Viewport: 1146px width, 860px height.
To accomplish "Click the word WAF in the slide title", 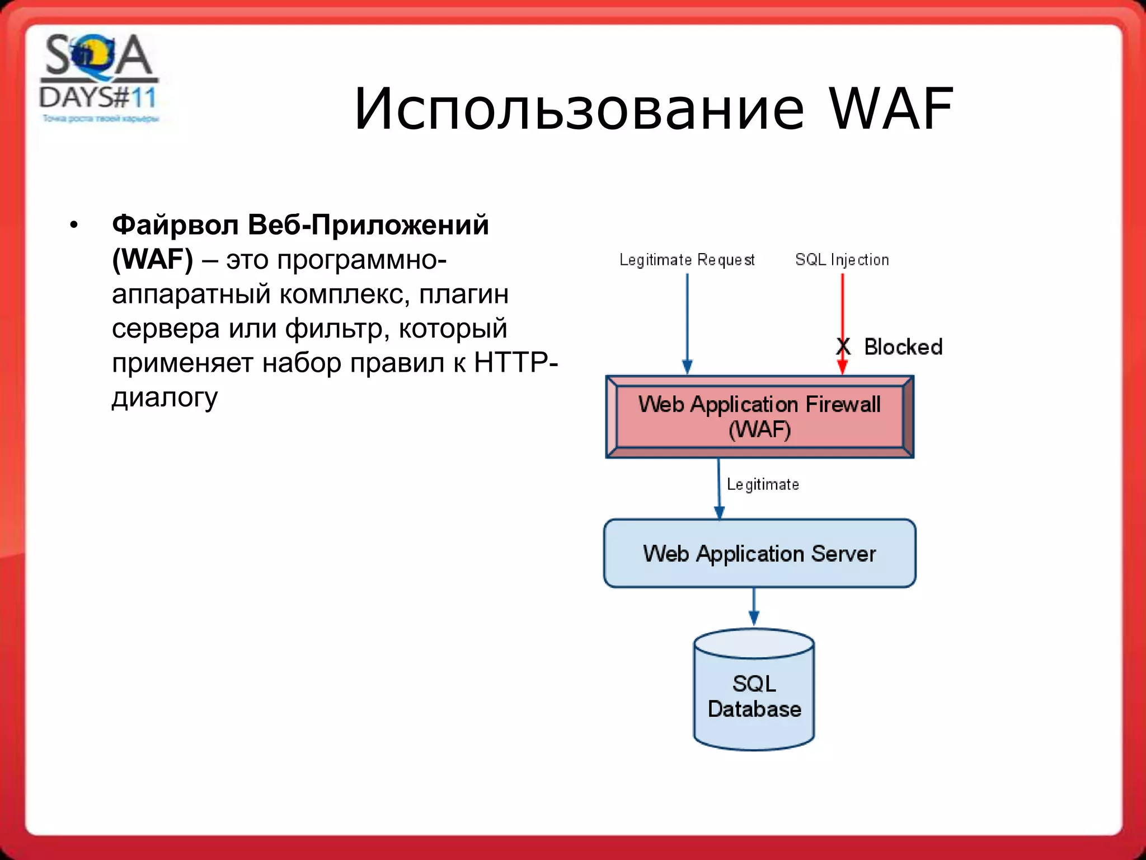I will (891, 109).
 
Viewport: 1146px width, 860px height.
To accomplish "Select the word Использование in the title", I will (579, 109).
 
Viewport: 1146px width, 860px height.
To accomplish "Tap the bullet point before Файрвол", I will (74, 226).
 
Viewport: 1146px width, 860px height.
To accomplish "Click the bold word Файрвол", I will (175, 225).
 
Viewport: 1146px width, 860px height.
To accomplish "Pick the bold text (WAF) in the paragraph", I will (152, 260).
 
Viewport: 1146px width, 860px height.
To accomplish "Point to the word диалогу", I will (165, 398).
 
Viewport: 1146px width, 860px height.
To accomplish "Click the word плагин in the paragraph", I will (464, 295).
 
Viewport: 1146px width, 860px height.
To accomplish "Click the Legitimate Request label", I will (687, 260).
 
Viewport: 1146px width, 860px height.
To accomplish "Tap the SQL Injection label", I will (842, 260).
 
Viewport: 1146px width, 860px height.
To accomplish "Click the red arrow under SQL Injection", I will (842, 314).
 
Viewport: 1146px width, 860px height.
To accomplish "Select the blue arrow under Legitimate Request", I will (687, 319).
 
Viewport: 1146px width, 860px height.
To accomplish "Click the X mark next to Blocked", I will (843, 347).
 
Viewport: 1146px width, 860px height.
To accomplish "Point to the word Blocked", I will (903, 347).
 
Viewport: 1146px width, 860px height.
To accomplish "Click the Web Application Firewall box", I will (759, 417).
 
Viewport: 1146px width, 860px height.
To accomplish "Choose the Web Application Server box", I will (759, 553).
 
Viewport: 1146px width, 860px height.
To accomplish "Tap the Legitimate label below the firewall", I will (762, 484).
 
